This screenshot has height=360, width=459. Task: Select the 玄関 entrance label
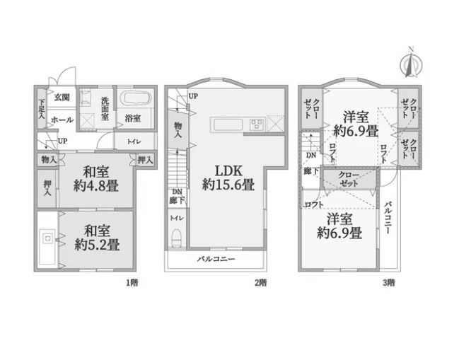pos(62,98)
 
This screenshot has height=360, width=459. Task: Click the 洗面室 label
pos(105,109)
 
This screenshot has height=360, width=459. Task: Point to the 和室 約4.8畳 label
pos(96,178)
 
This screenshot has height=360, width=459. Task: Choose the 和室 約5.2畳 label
pos(97,238)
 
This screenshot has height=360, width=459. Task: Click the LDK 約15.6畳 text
pos(228,178)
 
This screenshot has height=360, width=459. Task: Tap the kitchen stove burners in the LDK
pos(257,124)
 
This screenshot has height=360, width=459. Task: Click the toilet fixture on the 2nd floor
pos(177,238)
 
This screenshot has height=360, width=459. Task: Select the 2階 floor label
pos(260,283)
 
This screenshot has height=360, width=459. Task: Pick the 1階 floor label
pos(132,283)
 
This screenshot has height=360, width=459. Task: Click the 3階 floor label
pos(389,283)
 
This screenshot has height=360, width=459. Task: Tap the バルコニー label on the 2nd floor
pos(216,259)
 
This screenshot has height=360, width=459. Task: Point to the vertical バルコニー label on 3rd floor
pos(388,217)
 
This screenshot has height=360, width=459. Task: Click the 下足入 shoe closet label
pos(42,109)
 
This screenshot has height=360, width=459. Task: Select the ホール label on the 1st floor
pos(62,120)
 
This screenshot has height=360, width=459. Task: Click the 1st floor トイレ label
pos(134,141)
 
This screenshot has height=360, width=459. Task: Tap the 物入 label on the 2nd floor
pos(178,130)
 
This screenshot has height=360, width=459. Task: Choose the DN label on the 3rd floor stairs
pos(311,156)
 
